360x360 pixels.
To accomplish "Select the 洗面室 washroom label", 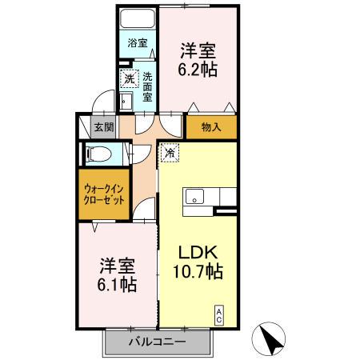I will pos(148,87).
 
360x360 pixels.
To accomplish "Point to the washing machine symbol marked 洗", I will pos(129,80).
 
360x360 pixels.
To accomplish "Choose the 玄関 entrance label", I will pos(102,126).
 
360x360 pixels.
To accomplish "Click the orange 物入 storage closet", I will pos(211,126).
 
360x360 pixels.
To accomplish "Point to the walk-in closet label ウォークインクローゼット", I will pos(104,195).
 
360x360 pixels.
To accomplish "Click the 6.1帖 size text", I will pos(117,285).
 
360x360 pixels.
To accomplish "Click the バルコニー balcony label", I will pos(158,342).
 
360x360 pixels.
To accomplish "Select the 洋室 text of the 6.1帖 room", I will pos(117,265).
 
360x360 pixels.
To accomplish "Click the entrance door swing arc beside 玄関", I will pos(100,104).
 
